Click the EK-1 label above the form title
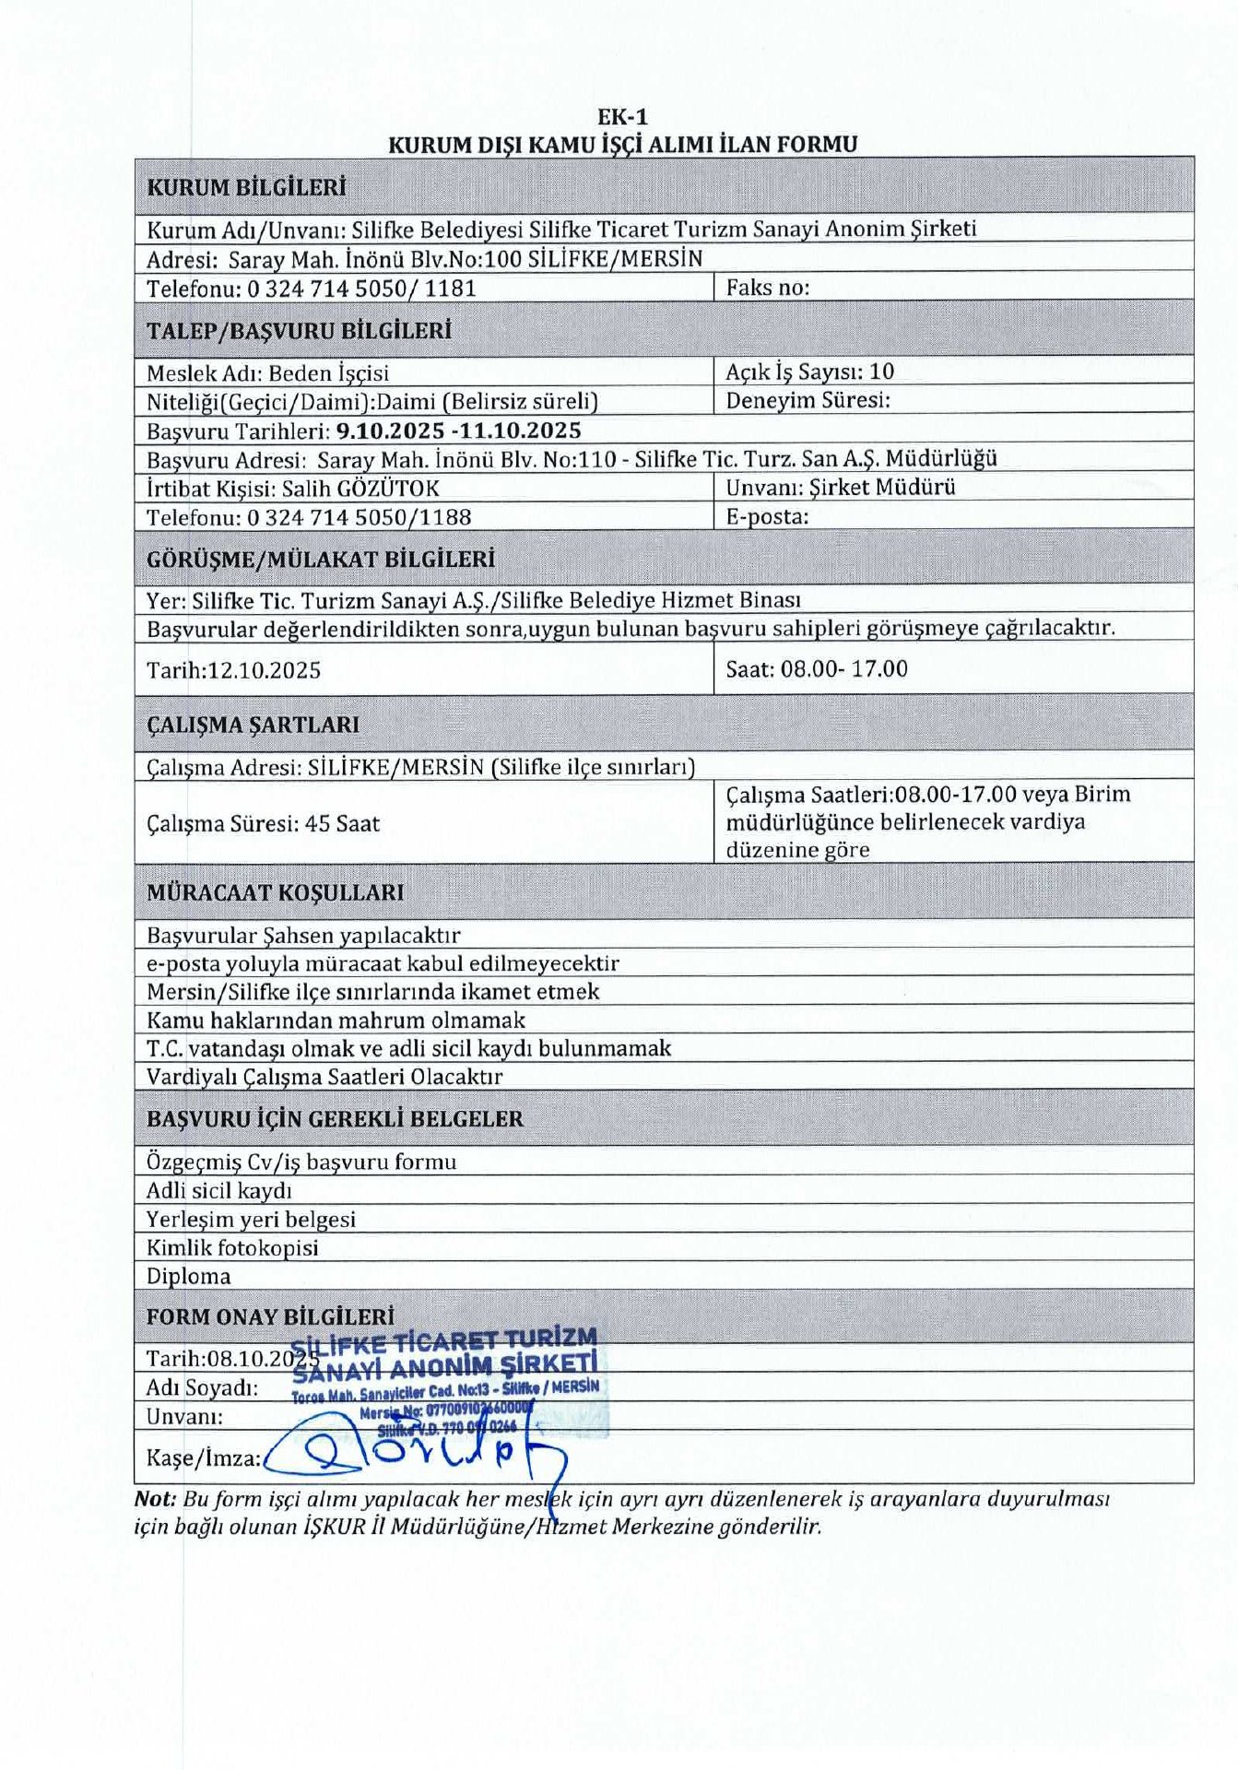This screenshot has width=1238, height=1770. coord(622,117)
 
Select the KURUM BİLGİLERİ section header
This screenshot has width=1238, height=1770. coord(246,187)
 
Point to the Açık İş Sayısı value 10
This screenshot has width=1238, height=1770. coord(881,372)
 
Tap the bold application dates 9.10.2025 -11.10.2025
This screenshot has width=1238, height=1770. coord(458,431)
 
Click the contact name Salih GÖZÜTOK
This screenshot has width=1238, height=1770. coord(360,488)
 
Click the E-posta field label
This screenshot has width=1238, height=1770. coord(767,516)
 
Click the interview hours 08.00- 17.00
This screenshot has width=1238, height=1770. coord(843,668)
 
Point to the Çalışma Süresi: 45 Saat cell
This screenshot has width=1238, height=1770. coord(263,823)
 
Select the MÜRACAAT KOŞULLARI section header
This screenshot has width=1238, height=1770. coord(275,892)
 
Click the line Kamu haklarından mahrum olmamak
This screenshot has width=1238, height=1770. coord(336,1020)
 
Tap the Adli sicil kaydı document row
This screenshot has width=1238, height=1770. coord(218,1190)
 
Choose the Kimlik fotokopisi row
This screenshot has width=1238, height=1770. coord(232,1247)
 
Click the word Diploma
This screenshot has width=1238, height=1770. coord(188,1276)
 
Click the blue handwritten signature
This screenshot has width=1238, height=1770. coord(415,1453)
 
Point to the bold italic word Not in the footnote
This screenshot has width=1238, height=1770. coord(154,1498)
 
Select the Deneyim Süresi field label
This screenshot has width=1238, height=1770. coord(808,400)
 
